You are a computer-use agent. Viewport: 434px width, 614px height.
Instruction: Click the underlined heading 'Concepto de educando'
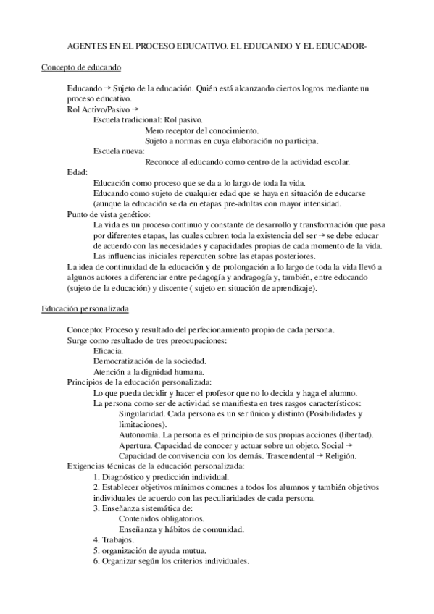(80, 67)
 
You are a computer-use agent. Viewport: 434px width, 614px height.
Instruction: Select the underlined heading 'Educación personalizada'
(85, 309)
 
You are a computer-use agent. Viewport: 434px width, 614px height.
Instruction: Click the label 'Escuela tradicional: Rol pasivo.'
(148, 119)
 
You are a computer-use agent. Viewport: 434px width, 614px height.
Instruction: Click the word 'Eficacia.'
(108, 351)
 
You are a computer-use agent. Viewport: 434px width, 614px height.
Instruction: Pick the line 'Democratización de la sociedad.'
(150, 361)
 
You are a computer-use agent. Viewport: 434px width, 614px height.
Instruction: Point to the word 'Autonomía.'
(138, 434)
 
